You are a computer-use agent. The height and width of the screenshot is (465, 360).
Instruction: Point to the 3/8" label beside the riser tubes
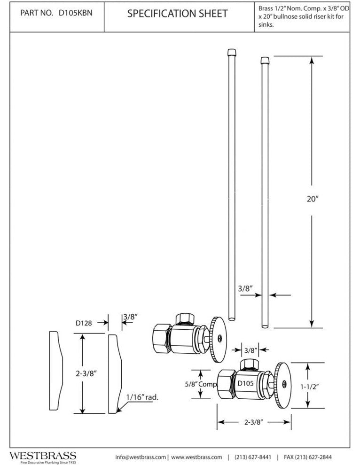coord(243,288)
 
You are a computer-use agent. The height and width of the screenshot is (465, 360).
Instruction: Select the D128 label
coord(84,323)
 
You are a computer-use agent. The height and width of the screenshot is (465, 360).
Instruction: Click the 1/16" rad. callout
coord(142,397)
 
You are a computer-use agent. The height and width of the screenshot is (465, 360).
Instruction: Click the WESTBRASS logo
coord(43,456)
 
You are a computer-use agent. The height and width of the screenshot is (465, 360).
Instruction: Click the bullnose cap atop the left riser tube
coord(231,51)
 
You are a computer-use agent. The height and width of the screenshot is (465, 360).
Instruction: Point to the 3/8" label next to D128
coord(130,317)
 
